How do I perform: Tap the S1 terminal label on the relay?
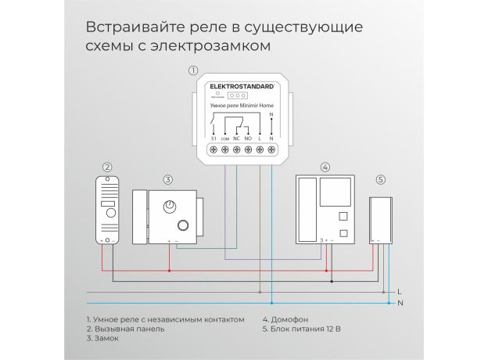coord(214,137)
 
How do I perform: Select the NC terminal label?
coord(236,137)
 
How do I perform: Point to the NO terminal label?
coord(248,137)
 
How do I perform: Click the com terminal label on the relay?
coord(225,137)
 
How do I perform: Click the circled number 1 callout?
coord(194,71)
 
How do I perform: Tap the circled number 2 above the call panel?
coord(108,167)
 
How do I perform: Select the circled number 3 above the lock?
coord(167,179)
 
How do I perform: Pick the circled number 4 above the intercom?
coord(325,167)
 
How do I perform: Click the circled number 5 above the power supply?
coord(381,179)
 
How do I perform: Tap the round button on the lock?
coord(183,226)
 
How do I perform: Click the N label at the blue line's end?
coord(400,302)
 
